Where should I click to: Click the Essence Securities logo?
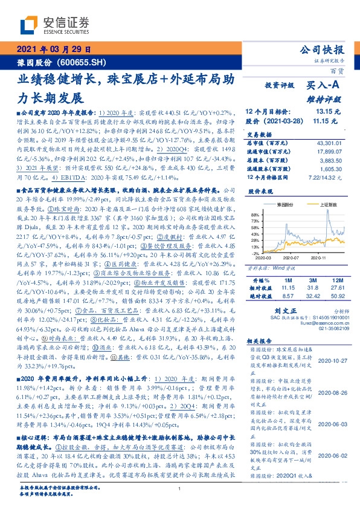(55, 26)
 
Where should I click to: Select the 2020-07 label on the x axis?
(291, 257)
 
